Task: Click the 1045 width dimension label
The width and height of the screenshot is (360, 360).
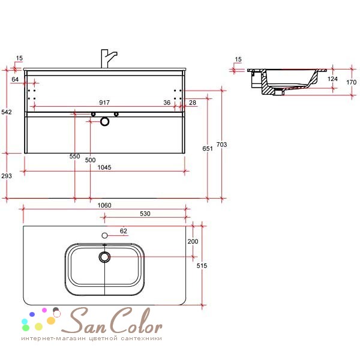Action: [104, 167]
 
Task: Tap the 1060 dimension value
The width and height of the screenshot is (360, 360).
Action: [104, 205]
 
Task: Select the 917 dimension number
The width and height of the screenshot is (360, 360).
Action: [104, 103]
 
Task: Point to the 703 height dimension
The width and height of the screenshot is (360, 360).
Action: [221, 145]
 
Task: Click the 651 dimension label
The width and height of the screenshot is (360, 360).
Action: [208, 149]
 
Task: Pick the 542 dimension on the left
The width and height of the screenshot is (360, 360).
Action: [7, 112]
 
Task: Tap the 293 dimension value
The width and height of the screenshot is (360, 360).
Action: [7, 176]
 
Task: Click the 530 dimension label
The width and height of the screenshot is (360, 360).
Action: [145, 214]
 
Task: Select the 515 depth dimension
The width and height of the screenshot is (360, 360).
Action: [202, 266]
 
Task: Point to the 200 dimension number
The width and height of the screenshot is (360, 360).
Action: [193, 242]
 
